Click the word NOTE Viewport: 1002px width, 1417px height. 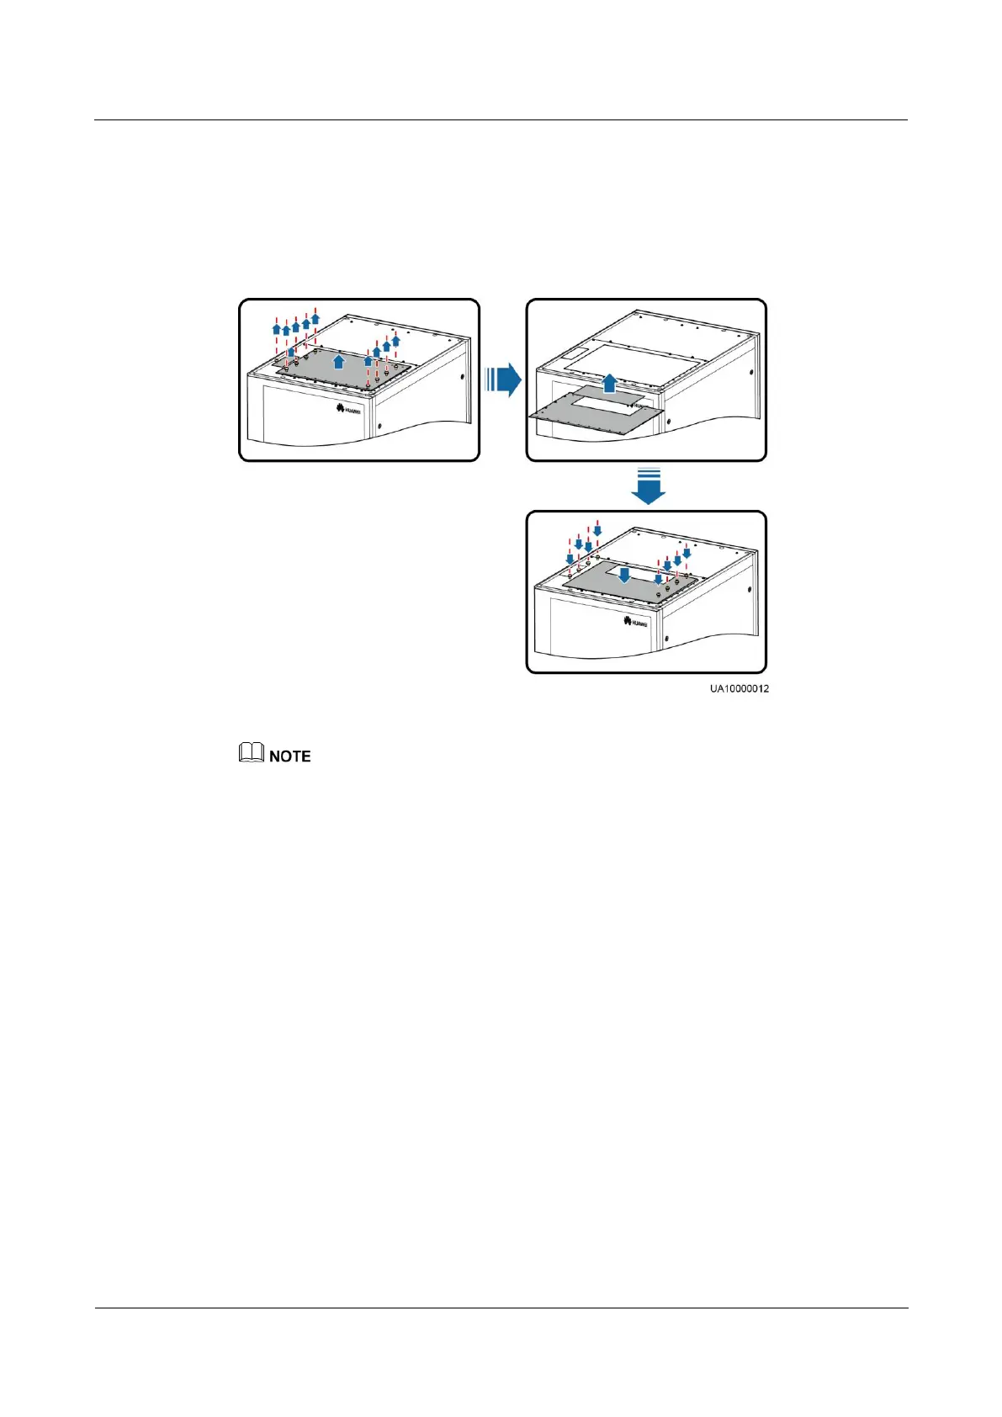(290, 756)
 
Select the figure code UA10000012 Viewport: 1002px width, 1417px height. (739, 688)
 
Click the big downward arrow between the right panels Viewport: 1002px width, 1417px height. (648, 487)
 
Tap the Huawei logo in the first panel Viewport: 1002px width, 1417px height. (348, 410)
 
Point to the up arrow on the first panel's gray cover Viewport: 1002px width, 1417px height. (338, 362)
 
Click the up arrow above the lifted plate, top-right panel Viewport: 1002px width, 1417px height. (610, 385)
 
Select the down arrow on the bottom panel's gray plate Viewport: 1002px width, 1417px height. (623, 576)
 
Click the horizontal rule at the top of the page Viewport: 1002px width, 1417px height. (501, 120)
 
